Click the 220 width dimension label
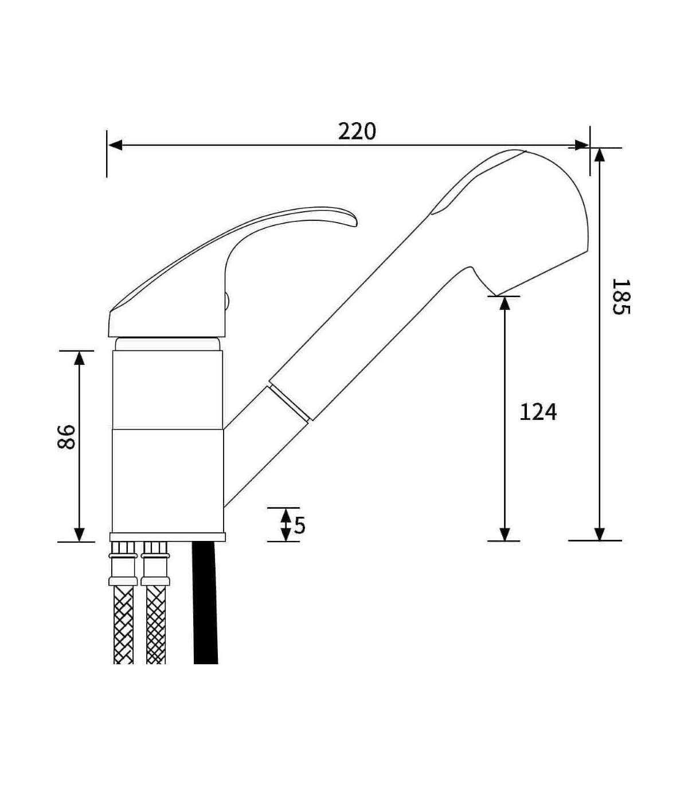tap(357, 131)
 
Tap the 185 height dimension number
tap(620, 297)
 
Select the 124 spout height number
tap(538, 412)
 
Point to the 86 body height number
tap(66, 437)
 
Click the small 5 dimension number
tap(299, 525)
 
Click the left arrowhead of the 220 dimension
tap(115, 145)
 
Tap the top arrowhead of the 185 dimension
tap(599, 155)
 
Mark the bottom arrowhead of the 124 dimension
tap(505, 534)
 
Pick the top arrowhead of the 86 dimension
tap(79, 358)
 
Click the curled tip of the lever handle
tap(354, 222)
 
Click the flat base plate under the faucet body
tap(167, 537)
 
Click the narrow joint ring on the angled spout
tap(288, 403)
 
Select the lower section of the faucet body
tap(168, 481)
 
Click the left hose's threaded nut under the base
tap(123, 549)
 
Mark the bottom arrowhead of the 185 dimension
tap(599, 534)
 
